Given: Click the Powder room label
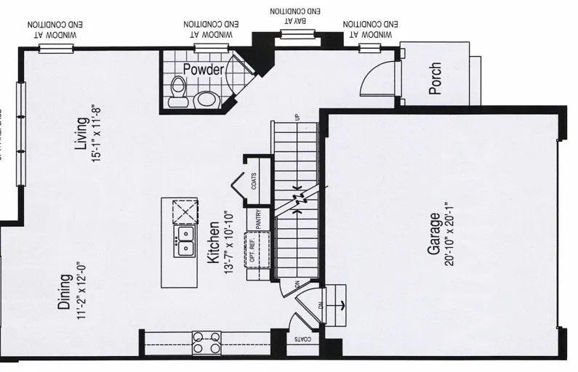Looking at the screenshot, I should point(203,70).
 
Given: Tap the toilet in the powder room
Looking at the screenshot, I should point(177,93).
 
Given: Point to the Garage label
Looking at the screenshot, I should point(433,234).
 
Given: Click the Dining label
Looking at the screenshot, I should point(65,292).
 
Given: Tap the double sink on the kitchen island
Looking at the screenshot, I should point(185,241).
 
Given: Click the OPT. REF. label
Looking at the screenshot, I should point(252,248).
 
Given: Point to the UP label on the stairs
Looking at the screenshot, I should point(297,116).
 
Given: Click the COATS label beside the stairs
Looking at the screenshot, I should point(253,181).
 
